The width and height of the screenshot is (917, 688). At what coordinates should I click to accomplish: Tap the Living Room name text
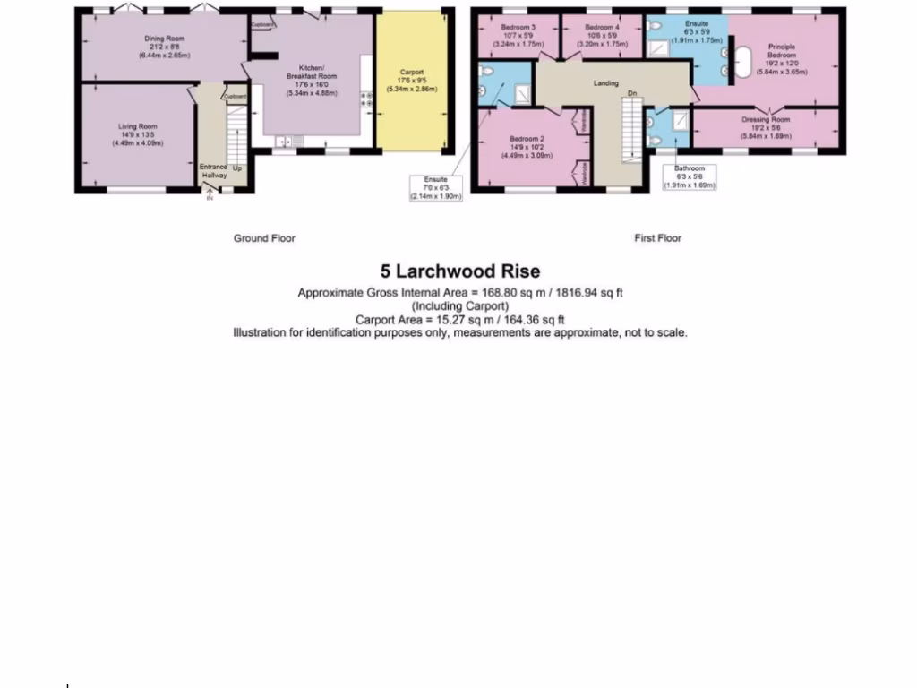138,126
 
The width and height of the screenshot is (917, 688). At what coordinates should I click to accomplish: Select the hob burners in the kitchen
367,99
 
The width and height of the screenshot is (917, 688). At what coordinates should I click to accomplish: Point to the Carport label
412,73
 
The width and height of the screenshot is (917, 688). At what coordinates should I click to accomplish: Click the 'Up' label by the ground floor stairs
236,168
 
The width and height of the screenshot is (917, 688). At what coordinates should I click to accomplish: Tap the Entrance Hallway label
213,170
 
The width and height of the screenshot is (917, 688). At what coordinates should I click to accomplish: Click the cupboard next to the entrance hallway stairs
235,96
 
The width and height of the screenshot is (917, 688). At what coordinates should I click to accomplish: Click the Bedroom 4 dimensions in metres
600,43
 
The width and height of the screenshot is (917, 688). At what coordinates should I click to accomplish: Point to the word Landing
606,82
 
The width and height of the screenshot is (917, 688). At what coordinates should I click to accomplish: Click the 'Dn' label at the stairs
631,92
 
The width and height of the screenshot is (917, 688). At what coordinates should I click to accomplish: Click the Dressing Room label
766,120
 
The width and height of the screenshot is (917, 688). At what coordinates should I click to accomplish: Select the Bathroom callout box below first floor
690,177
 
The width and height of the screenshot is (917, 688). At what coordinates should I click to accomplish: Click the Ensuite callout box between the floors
435,188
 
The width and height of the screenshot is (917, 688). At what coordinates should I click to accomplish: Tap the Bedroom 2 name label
527,139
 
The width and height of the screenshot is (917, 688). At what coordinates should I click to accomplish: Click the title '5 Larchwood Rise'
460,271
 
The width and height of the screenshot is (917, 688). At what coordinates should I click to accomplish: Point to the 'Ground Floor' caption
264,238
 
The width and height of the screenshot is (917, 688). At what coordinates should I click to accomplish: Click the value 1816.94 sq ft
589,293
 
